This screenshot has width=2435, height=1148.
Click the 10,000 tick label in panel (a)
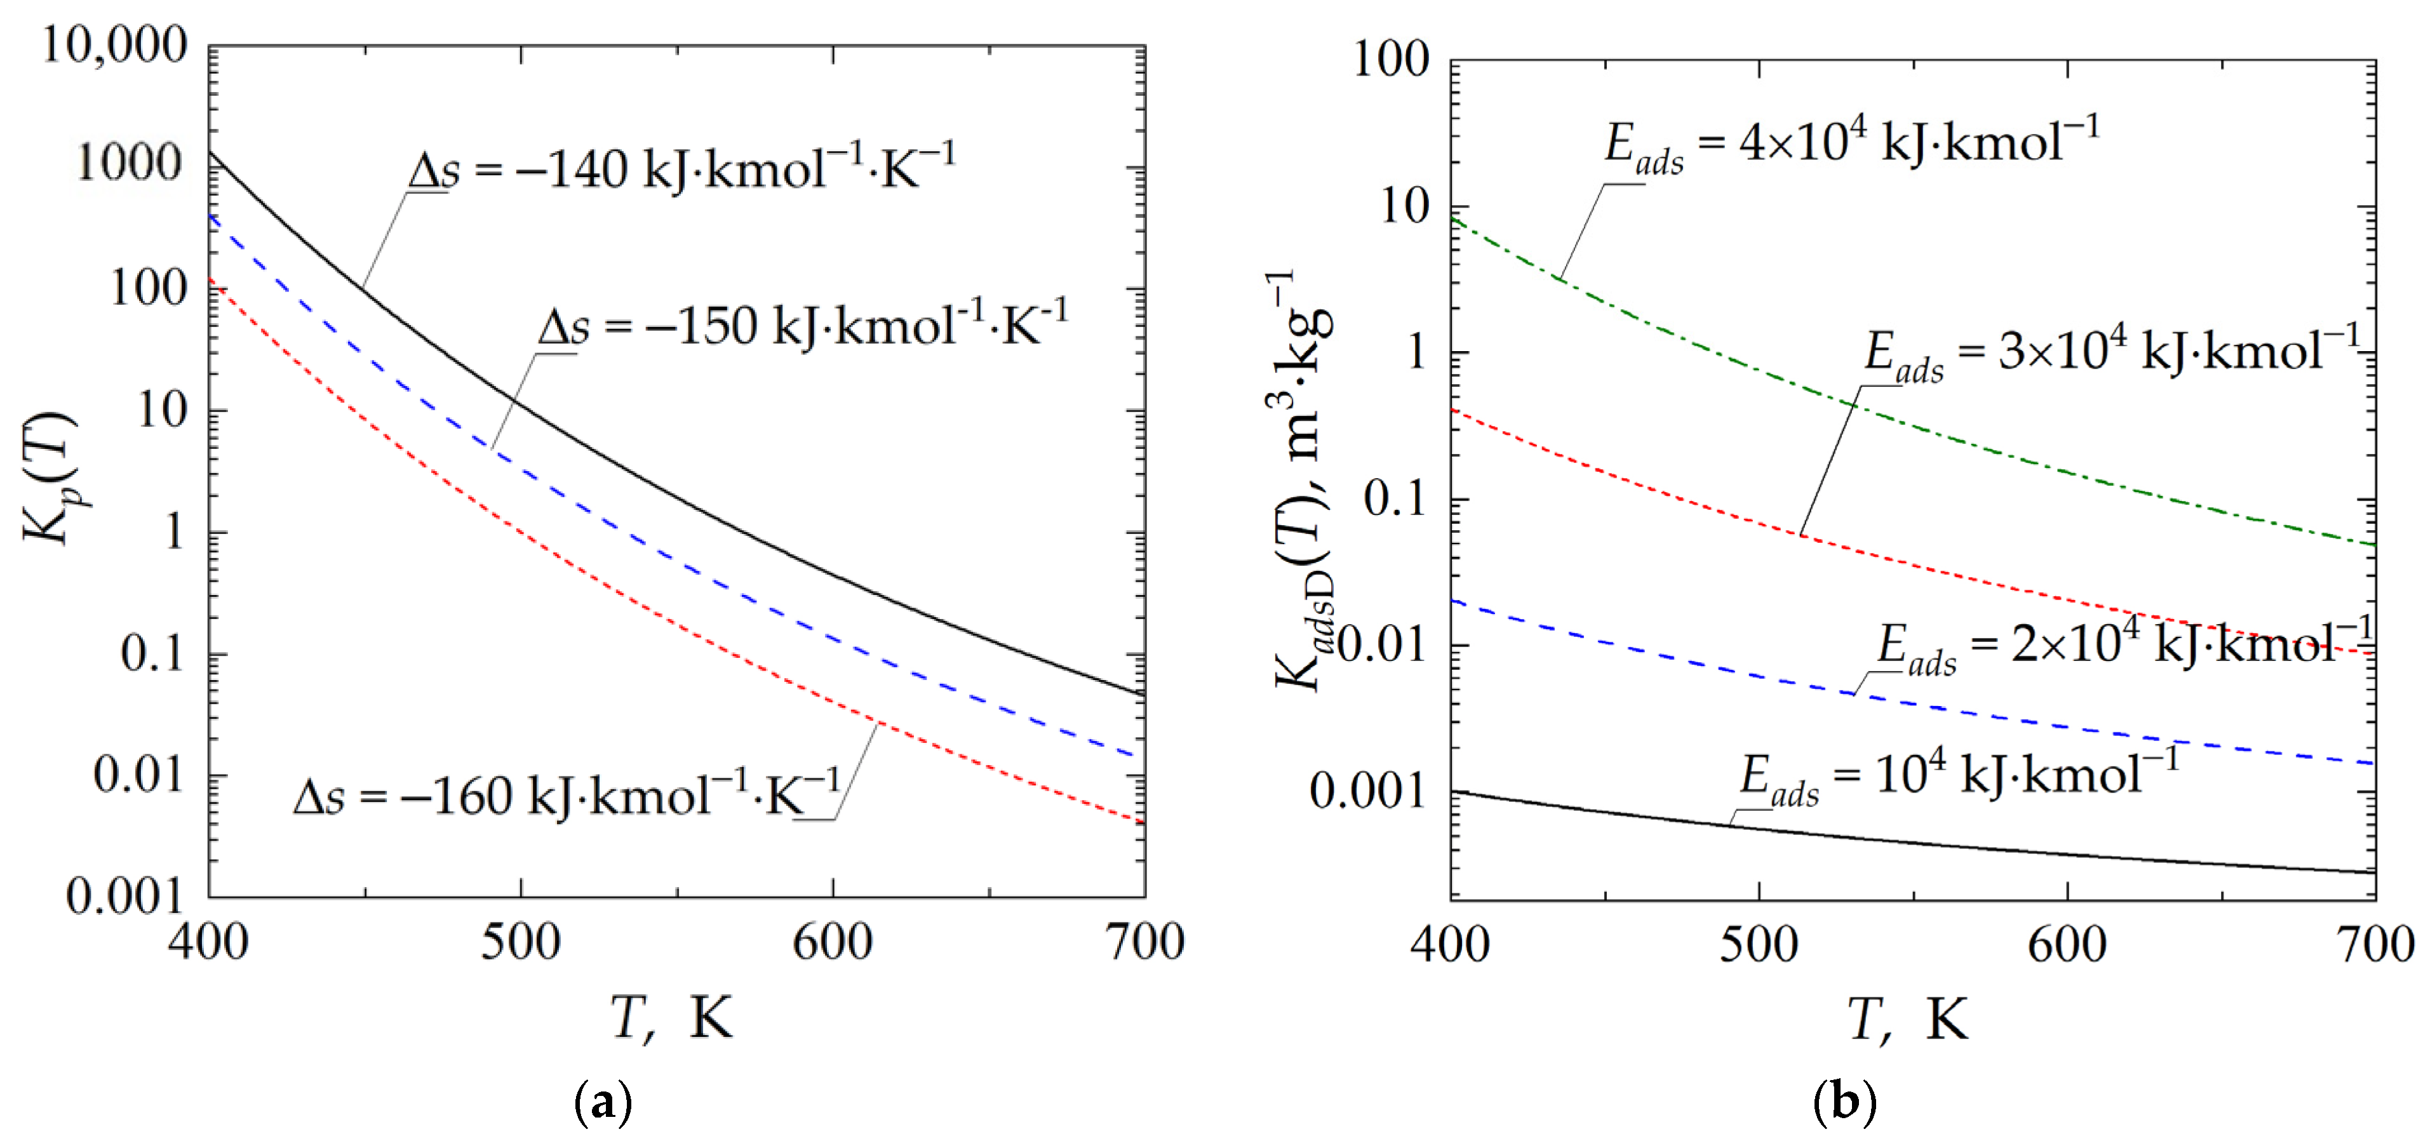[x=116, y=44]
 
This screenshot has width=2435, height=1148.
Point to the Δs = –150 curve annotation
[x=803, y=326]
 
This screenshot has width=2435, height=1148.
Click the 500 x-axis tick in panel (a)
[x=521, y=942]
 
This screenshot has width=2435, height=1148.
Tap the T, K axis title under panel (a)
[x=672, y=1018]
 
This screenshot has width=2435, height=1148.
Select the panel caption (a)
[x=603, y=1101]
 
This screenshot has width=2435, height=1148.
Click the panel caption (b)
[x=1844, y=1101]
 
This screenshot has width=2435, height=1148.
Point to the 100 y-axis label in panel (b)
[x=1392, y=60]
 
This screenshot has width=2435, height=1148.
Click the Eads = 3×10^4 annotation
[x=2112, y=352]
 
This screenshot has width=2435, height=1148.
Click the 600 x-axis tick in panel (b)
[x=2067, y=944]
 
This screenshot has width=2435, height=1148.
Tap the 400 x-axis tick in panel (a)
[x=209, y=942]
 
